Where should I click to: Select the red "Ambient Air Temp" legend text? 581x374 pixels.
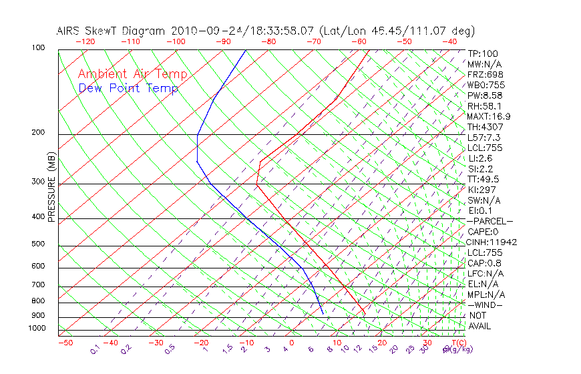coord(132,74)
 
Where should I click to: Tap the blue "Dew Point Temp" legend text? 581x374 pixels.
coord(128,88)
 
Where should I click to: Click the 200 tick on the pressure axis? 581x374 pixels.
coord(37,132)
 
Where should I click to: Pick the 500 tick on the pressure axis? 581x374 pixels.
coord(37,244)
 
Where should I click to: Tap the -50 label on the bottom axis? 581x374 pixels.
coord(65,343)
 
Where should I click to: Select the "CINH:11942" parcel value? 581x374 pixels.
coord(492,242)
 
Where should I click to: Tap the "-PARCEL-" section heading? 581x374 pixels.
coord(490,221)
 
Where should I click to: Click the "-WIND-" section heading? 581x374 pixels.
coord(486,305)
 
